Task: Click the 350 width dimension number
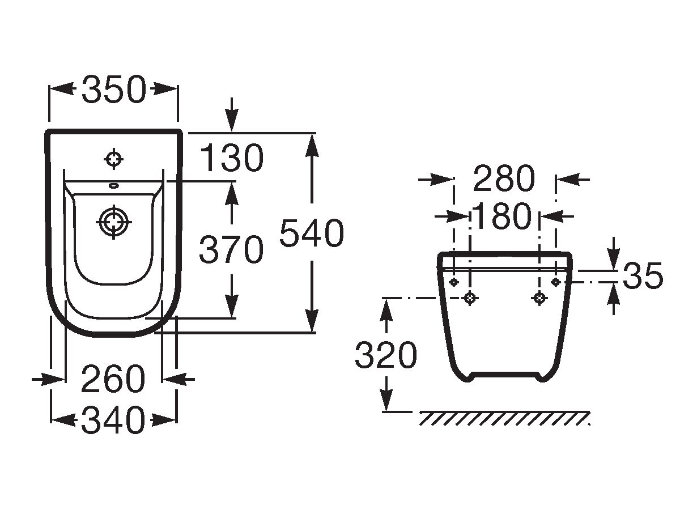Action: pyautogui.click(x=114, y=90)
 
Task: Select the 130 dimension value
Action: pyautogui.click(x=232, y=158)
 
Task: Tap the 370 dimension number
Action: pyautogui.click(x=231, y=249)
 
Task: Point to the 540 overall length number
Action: pyautogui.click(x=312, y=233)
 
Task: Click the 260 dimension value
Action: pyautogui.click(x=113, y=379)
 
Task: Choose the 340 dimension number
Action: pyautogui.click(x=113, y=420)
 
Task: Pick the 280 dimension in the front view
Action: pyautogui.click(x=504, y=178)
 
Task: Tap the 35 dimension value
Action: pyautogui.click(x=643, y=275)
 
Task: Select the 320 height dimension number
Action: pyautogui.click(x=386, y=355)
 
